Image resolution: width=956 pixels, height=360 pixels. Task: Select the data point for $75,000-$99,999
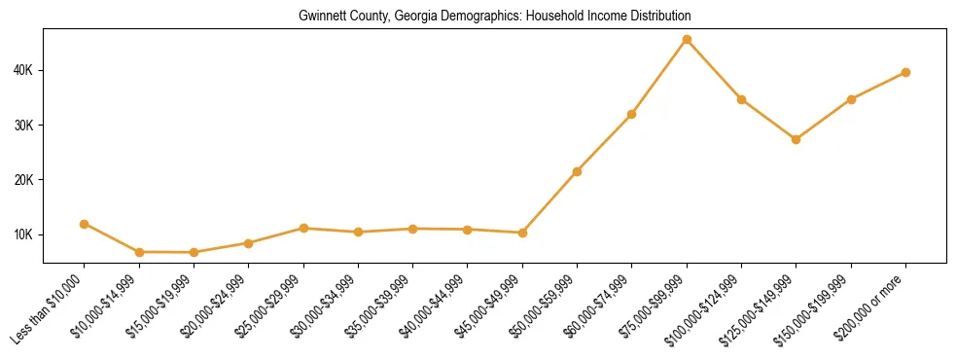(x=687, y=40)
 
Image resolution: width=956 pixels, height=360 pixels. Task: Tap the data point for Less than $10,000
(x=85, y=224)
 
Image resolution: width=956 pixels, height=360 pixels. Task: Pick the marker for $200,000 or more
(x=905, y=72)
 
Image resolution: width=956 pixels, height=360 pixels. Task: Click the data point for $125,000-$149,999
(x=797, y=139)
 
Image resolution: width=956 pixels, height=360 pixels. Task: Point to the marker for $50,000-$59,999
(x=578, y=171)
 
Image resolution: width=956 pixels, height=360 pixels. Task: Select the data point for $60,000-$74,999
(x=632, y=114)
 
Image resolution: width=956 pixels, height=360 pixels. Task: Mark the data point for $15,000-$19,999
(x=195, y=253)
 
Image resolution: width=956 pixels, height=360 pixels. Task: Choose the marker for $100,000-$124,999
(x=742, y=99)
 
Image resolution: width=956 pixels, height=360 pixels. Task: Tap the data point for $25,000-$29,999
(x=303, y=228)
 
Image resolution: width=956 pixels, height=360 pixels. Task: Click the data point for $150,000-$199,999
(x=851, y=99)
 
